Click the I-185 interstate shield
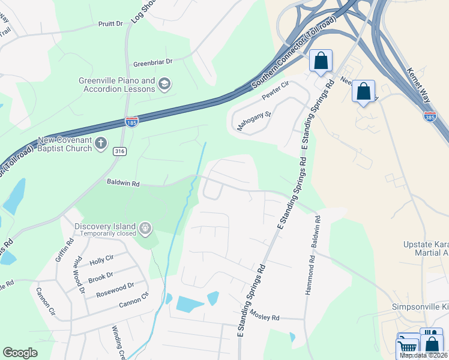point(131,122)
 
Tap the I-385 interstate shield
point(430,116)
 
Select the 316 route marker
point(119,152)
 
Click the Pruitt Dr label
point(110,24)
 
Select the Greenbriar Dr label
point(152,62)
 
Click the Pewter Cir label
point(276,91)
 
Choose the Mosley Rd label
point(265,316)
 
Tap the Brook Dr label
point(100,277)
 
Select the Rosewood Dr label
point(114,289)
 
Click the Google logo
point(20,353)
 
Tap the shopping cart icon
point(408,346)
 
